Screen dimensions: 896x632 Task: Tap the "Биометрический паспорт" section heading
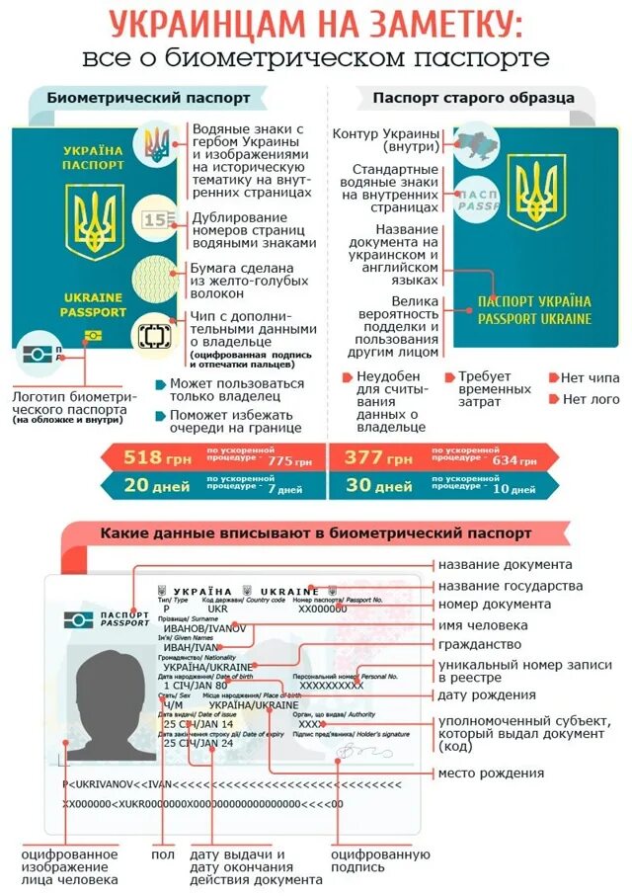tap(148, 99)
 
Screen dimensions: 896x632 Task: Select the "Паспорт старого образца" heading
tap(473, 98)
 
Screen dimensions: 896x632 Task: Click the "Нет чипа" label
tap(590, 377)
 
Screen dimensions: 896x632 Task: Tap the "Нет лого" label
tap(590, 399)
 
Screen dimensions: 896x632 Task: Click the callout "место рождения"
tap(491, 772)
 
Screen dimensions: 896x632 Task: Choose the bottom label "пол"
tap(163, 855)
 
